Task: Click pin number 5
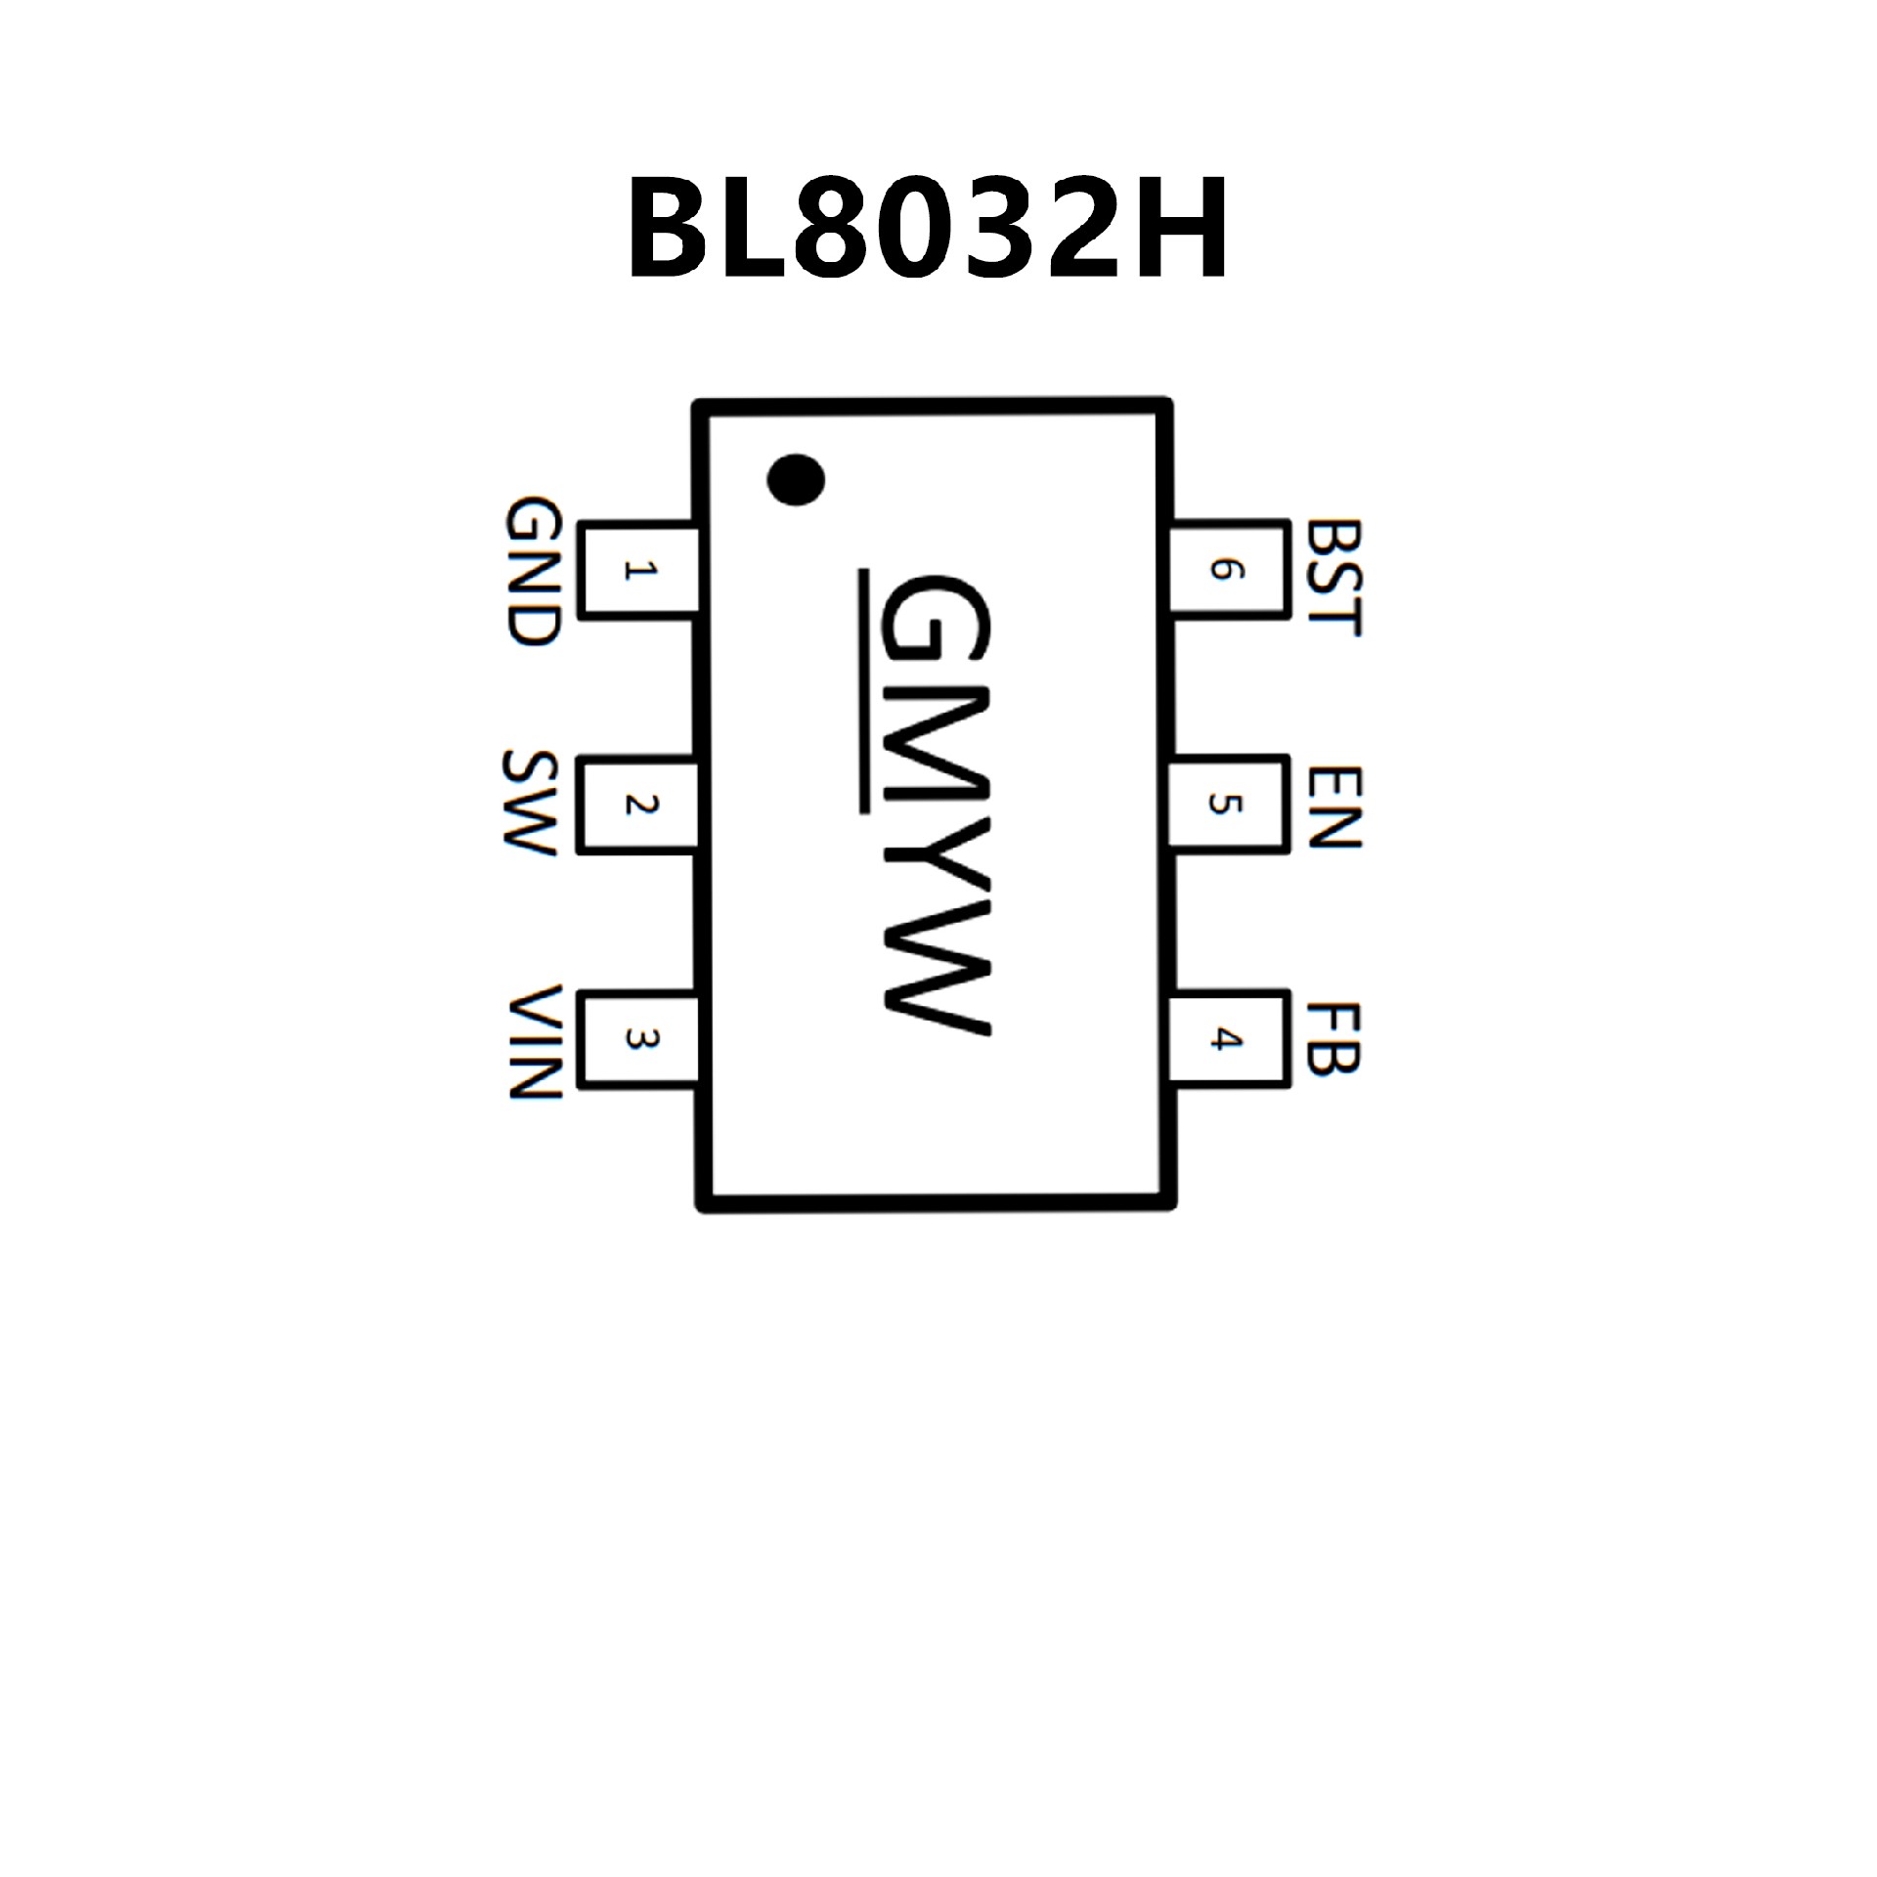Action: pos(1224,805)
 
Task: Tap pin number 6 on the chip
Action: pos(1224,570)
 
